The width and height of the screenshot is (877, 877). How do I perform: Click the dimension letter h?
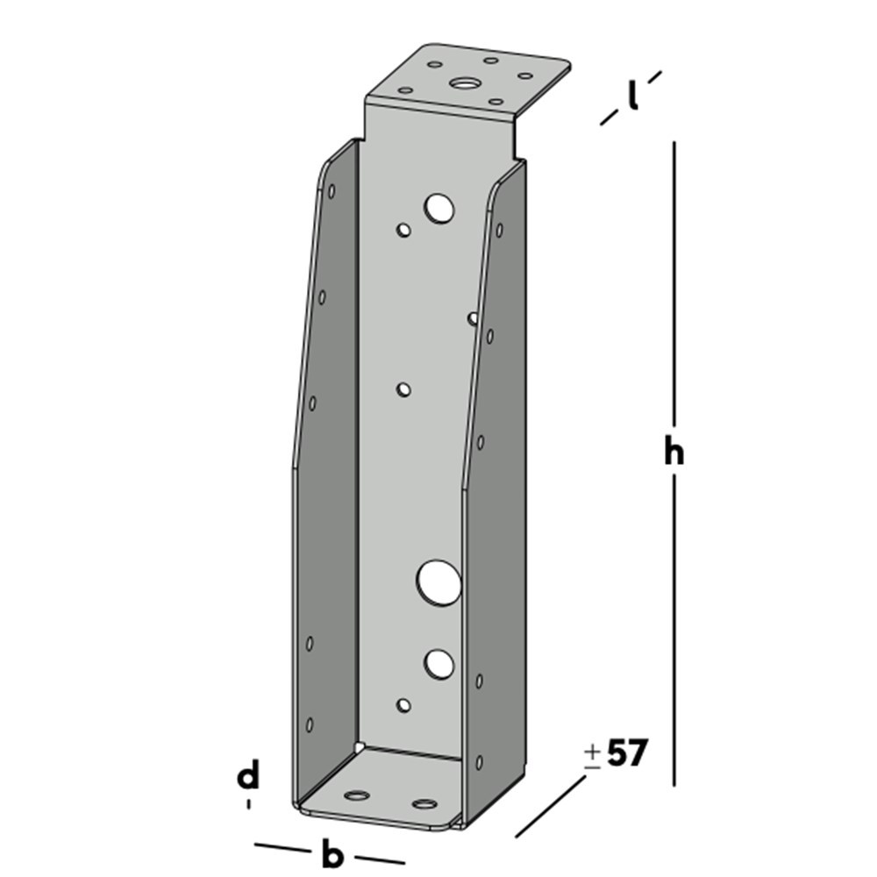pos(674,453)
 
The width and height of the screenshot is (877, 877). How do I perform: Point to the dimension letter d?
pos(249,777)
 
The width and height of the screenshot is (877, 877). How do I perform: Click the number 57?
pos(626,754)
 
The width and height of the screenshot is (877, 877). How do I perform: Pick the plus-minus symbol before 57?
pos(593,756)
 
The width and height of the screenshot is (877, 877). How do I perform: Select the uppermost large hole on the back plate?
pos(439,209)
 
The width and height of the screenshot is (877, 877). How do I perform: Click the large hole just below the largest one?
pos(439,664)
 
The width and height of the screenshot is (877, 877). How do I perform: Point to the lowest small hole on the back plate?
pos(403,704)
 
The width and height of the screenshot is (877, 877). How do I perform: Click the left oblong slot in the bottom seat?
pos(357,795)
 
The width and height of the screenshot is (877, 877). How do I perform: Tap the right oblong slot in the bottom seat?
pos(424,803)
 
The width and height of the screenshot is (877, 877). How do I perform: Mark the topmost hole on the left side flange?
pos(332,190)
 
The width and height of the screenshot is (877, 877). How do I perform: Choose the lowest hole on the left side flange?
pos(310,724)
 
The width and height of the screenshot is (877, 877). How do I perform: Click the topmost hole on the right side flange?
pos(499,231)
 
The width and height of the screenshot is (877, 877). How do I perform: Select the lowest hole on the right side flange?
pos(478,764)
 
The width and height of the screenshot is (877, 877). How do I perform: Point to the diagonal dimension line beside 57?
pos(551,806)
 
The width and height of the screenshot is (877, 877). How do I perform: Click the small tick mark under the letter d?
pos(249,802)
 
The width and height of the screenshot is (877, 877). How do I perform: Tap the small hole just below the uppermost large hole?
pos(403,231)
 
